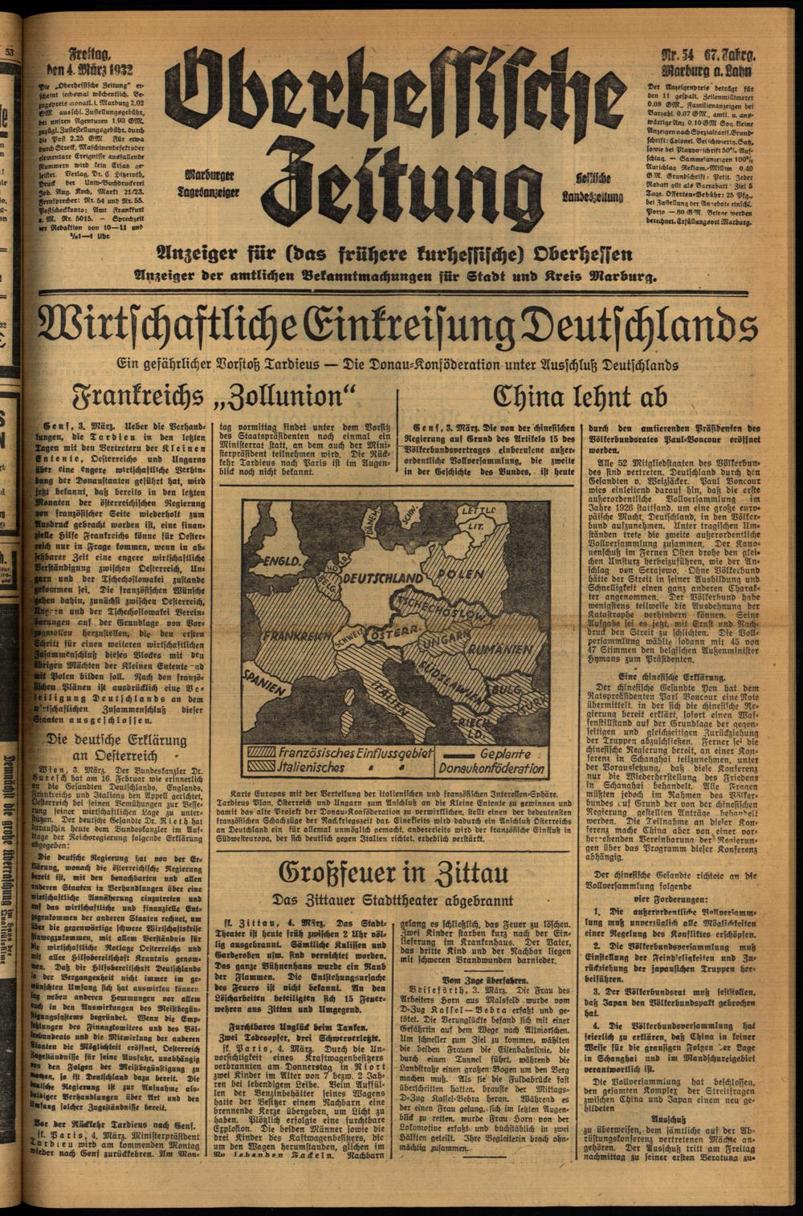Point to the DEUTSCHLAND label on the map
pyautogui.click(x=382, y=578)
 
